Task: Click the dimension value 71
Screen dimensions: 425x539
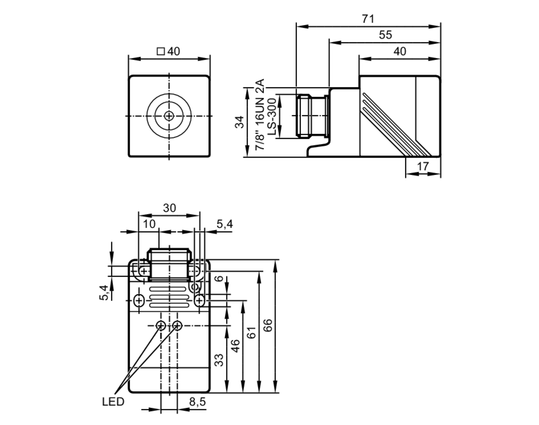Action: (x=368, y=19)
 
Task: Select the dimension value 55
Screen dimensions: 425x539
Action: (x=385, y=35)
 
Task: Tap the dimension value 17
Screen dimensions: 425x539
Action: (x=423, y=166)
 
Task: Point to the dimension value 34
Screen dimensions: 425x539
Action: (x=240, y=122)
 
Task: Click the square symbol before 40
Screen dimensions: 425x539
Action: (x=161, y=51)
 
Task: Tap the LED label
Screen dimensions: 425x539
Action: (x=113, y=402)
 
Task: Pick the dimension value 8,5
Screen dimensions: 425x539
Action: (x=197, y=402)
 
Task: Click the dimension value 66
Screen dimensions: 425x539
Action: (x=268, y=325)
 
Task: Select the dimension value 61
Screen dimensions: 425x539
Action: (x=251, y=333)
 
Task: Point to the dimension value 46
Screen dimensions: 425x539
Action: (x=235, y=346)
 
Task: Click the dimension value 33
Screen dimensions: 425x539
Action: (x=219, y=360)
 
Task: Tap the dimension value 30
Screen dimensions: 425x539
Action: (x=169, y=208)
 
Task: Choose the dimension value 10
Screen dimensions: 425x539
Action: (x=149, y=224)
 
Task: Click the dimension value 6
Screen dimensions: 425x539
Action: (x=220, y=278)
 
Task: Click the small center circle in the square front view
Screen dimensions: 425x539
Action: (x=169, y=116)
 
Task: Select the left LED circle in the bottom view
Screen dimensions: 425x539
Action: (x=161, y=326)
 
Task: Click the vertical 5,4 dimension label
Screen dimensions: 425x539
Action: (x=104, y=292)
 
